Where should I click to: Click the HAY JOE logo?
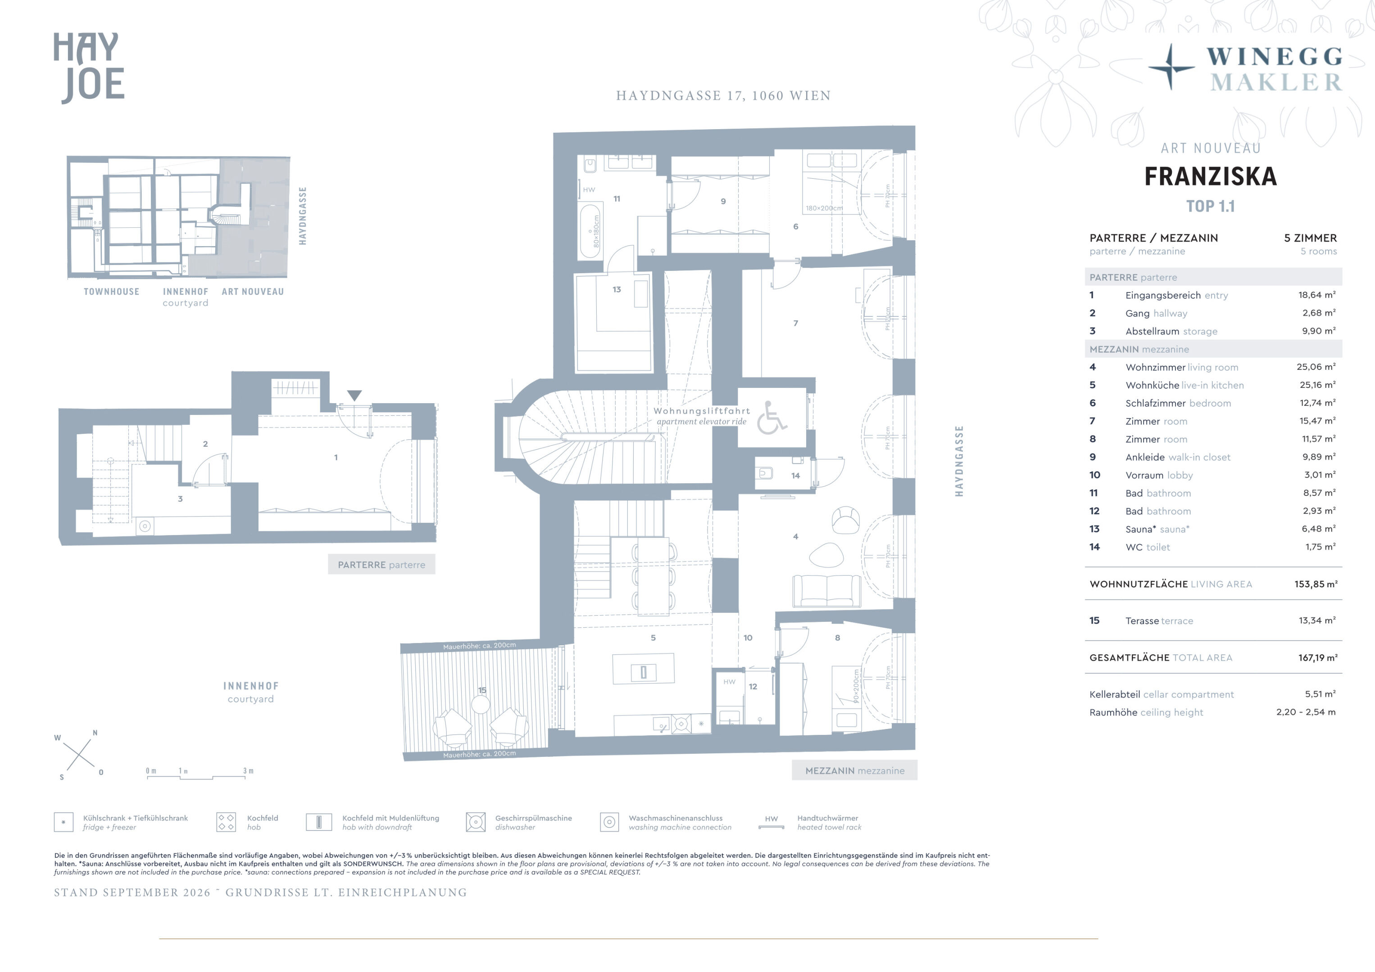click(89, 67)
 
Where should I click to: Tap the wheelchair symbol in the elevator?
click(771, 418)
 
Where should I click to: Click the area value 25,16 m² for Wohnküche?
click(1317, 385)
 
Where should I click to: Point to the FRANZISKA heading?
click(1210, 176)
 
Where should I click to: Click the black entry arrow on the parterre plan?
click(354, 396)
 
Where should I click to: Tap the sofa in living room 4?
click(826, 591)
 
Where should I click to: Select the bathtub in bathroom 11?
click(590, 231)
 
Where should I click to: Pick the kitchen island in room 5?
click(643, 669)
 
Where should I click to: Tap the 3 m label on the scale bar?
click(248, 771)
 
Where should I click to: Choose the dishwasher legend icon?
click(476, 822)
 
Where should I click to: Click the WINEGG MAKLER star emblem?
click(1171, 67)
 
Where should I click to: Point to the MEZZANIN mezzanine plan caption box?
click(854, 770)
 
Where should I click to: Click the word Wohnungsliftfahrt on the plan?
click(702, 411)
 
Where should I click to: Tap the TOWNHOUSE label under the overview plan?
click(111, 292)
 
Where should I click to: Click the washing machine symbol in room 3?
click(144, 526)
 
